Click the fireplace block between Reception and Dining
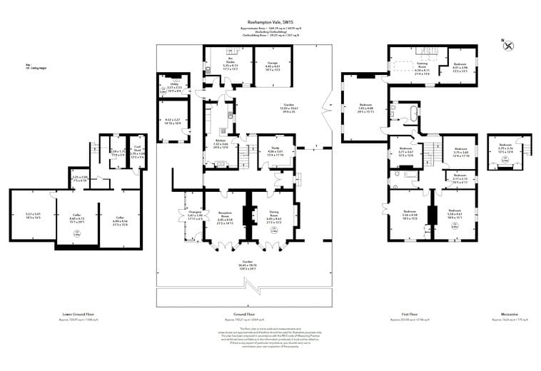tap(248, 214)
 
